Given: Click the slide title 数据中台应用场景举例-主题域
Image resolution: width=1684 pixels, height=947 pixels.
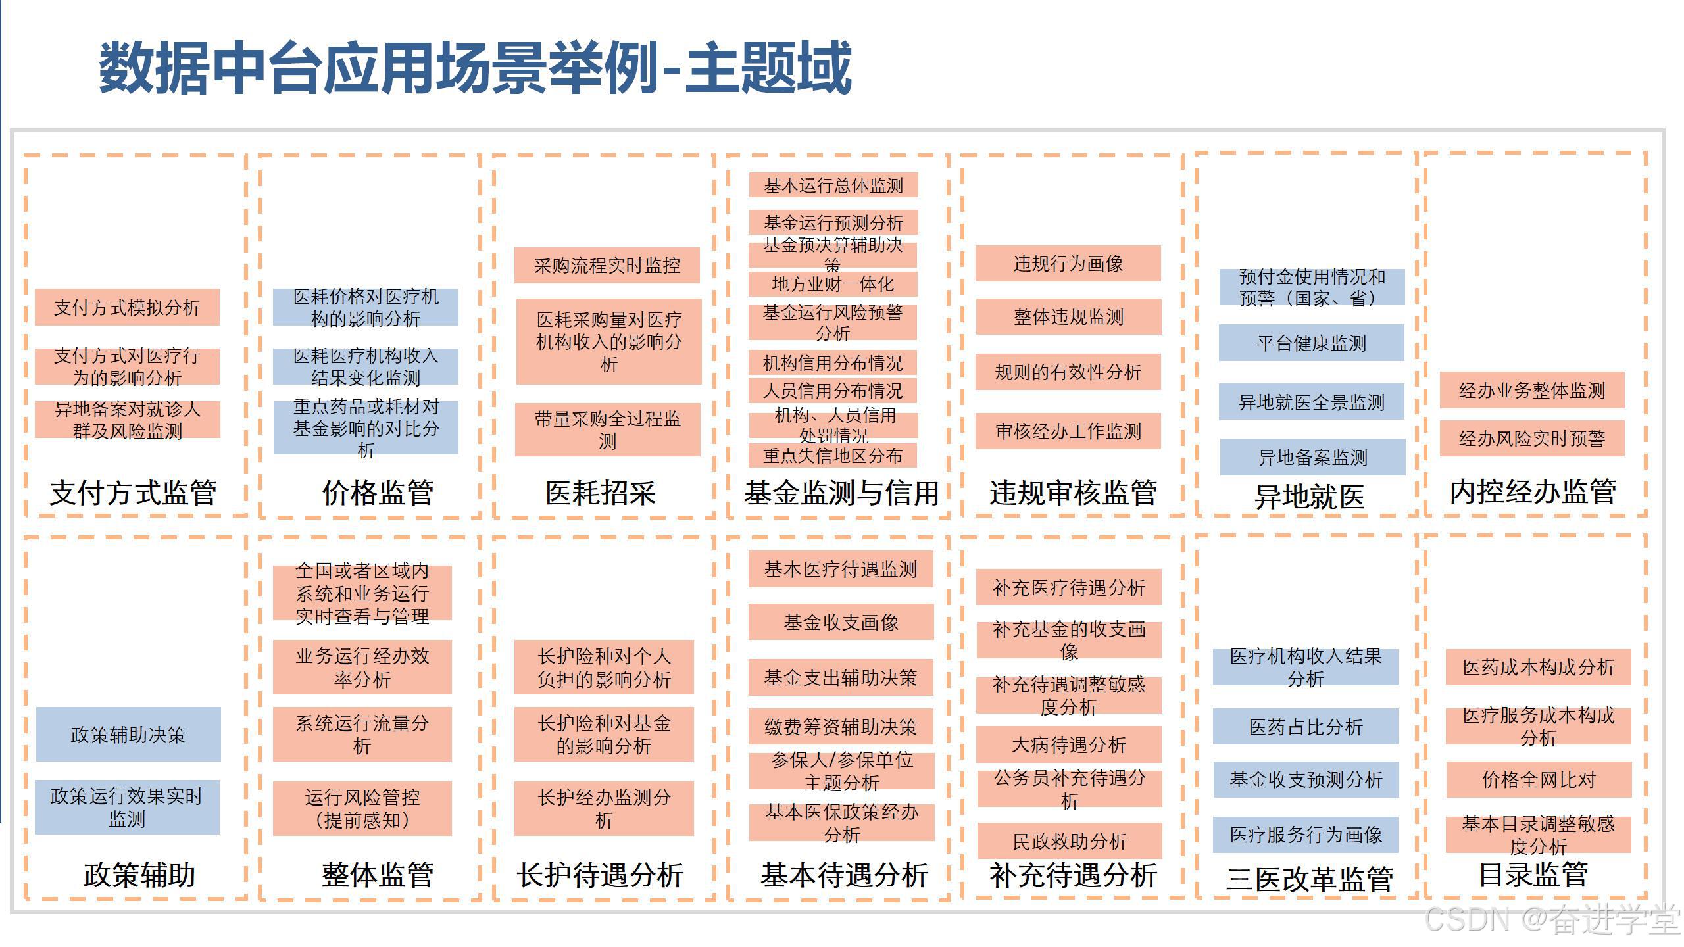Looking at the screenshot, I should (475, 68).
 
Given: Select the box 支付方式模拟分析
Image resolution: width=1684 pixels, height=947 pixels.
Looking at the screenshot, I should (127, 307).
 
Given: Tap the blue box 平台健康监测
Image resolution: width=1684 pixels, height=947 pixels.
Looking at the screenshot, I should (1311, 343).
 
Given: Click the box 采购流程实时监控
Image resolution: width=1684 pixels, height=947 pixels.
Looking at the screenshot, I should (607, 266).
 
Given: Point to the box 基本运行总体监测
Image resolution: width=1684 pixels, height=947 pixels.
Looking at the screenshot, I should (833, 185).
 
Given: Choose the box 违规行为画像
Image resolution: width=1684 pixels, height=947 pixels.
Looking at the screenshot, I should (1068, 264).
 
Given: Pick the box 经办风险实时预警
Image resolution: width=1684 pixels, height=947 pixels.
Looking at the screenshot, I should (1531, 438).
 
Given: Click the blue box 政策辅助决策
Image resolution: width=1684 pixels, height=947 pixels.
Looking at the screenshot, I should (128, 734).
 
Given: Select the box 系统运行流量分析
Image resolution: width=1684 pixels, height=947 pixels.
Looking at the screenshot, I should (362, 734).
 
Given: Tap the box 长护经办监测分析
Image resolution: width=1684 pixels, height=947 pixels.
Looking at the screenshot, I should (603, 808).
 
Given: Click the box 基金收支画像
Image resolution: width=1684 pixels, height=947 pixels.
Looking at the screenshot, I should (841, 622).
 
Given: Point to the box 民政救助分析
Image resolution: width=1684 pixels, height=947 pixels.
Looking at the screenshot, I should (1069, 841).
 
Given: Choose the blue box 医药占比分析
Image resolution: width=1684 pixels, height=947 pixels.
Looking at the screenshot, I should (1305, 727).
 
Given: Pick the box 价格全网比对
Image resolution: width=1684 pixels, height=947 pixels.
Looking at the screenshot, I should (1538, 779).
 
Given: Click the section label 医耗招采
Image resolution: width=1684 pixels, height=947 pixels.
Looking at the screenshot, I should (601, 493).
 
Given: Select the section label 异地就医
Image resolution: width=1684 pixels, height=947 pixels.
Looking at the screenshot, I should (1309, 497).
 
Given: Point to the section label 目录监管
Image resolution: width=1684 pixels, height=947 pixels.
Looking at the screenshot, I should (1533, 875).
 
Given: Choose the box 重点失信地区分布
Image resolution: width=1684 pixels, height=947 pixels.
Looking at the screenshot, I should (832, 455).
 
